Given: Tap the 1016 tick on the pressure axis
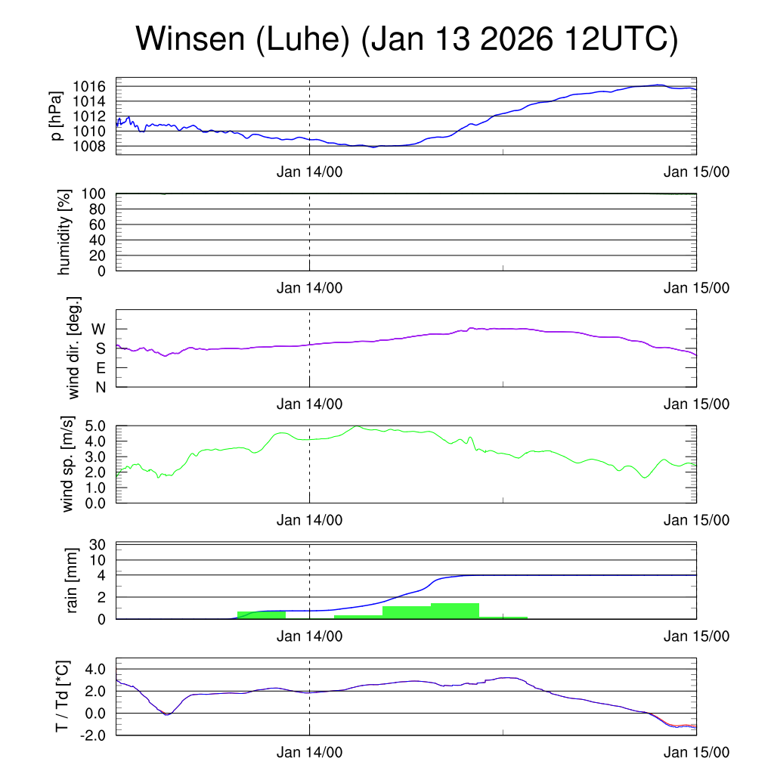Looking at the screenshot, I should [x=94, y=86].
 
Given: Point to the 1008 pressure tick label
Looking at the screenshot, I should [x=94, y=146].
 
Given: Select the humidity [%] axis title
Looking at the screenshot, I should [x=64, y=232].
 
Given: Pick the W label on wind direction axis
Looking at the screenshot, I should [x=99, y=329].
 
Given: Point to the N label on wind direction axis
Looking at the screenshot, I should [x=100, y=386].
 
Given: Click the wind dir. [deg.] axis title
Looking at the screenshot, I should [x=74, y=348].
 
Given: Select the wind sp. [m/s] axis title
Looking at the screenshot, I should [x=69, y=464].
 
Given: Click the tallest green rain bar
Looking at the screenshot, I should [x=455, y=611].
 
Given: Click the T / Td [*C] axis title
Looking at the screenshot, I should [x=63, y=696].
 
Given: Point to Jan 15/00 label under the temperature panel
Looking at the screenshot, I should [x=696, y=753].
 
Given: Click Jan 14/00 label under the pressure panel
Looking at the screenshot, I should [x=310, y=172].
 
